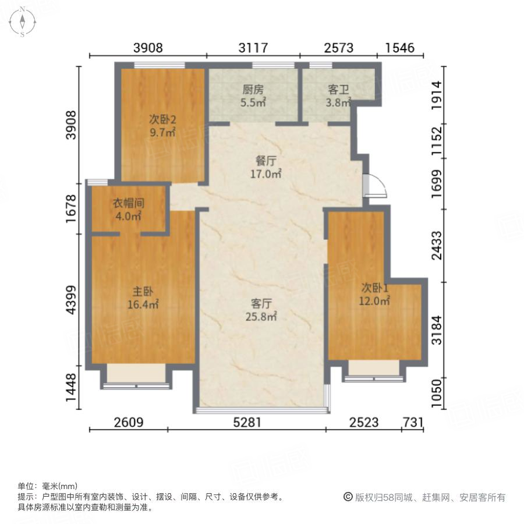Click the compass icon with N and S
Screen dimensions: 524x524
tap(22, 22)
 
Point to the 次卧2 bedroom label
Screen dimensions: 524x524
tap(162, 120)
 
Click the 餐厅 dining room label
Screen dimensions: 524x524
tap(265, 161)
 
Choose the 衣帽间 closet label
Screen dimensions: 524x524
tap(128, 204)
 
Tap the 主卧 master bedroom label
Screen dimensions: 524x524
tap(143, 291)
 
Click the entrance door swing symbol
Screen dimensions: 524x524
tap(373, 186)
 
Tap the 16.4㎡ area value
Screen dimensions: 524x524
tap(143, 304)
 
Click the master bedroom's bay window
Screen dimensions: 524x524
tap(137, 376)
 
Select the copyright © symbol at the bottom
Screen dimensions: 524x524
tap(348, 497)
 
